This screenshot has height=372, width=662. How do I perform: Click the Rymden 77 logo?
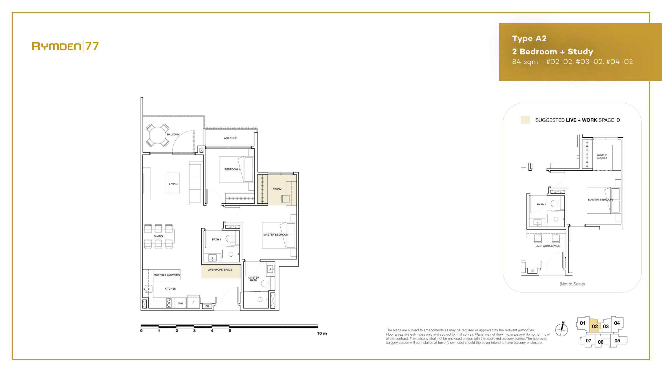click(x=65, y=46)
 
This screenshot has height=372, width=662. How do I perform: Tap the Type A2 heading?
click(x=529, y=38)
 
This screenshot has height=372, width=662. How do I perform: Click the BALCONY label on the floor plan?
click(x=173, y=135)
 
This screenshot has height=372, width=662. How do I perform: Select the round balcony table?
click(x=157, y=135)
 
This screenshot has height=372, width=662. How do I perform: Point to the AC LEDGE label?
click(x=230, y=138)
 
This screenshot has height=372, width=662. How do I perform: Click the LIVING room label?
click(x=173, y=184)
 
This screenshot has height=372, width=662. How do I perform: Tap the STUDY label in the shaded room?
click(x=277, y=189)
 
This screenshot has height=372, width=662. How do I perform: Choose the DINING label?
click(x=158, y=236)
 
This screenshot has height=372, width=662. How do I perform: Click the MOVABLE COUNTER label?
click(x=166, y=275)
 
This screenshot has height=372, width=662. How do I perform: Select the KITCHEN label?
click(x=170, y=289)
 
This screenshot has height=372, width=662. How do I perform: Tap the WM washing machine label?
click(x=181, y=304)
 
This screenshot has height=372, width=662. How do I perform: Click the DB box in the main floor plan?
click(x=207, y=306)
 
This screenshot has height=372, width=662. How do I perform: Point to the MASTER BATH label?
click(x=254, y=279)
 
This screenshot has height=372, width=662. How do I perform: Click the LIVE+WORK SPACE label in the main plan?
click(x=220, y=270)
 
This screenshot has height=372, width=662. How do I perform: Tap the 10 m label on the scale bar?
click(x=322, y=333)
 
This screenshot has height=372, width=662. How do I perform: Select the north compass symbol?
click(x=562, y=329)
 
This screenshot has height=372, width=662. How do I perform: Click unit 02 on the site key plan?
click(x=595, y=326)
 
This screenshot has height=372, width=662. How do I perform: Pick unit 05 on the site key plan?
click(x=617, y=341)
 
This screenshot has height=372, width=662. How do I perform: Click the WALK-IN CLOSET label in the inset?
click(x=602, y=156)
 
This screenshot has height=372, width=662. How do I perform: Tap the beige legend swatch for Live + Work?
click(x=525, y=120)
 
